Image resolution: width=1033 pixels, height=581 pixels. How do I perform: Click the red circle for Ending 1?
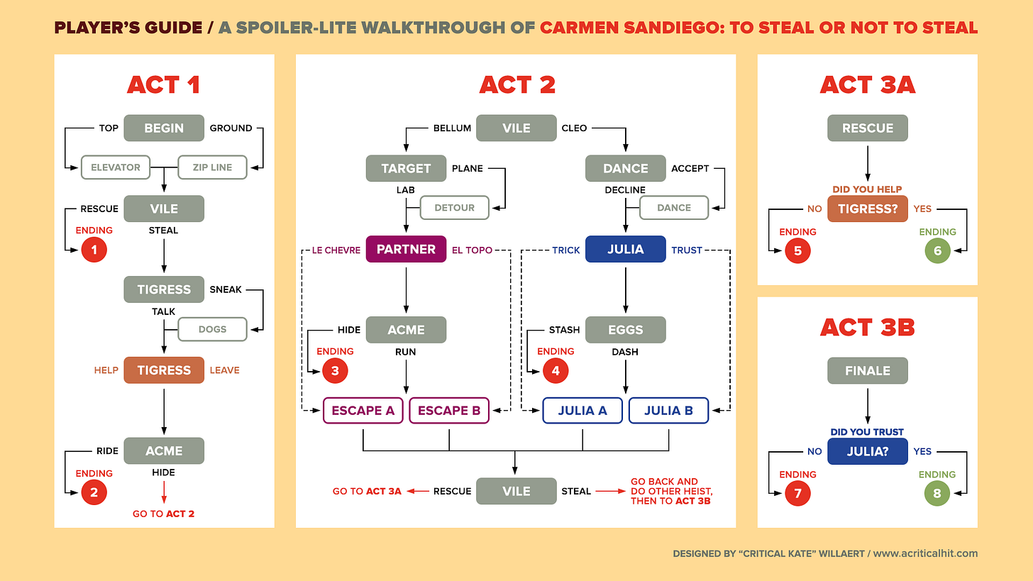pyautogui.click(x=94, y=250)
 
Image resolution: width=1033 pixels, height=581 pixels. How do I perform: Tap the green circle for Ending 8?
pyautogui.click(x=937, y=493)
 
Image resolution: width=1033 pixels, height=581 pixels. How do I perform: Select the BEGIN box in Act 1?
pyautogui.click(x=164, y=128)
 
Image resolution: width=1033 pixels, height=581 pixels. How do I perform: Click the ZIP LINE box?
pyautogui.click(x=212, y=167)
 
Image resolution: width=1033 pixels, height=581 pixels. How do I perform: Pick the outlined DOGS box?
pyautogui.click(x=212, y=329)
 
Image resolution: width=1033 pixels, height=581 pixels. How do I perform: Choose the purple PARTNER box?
pyautogui.click(x=406, y=249)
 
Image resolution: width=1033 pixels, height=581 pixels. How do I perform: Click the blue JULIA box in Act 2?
pyautogui.click(x=625, y=249)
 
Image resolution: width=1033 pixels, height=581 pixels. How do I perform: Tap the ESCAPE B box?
pyautogui.click(x=449, y=410)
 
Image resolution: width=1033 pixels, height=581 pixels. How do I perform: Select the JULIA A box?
pyautogui.click(x=582, y=410)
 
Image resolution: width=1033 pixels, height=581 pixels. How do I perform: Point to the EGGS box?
pyautogui.click(x=625, y=330)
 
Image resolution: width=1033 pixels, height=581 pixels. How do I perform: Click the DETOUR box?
pyautogui.click(x=455, y=208)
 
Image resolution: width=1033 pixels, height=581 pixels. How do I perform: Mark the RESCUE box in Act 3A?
pyautogui.click(x=867, y=128)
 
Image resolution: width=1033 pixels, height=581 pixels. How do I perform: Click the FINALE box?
pyautogui.click(x=867, y=370)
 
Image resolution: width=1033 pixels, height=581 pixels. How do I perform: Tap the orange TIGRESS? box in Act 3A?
pyautogui.click(x=867, y=209)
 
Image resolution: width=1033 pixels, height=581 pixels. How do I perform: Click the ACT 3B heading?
pyautogui.click(x=867, y=327)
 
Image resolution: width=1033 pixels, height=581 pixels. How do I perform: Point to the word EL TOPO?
pyautogui.click(x=473, y=250)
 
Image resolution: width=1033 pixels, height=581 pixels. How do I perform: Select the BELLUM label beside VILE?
pyautogui.click(x=452, y=128)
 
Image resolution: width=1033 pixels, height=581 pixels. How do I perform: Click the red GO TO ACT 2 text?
pyautogui.click(x=163, y=514)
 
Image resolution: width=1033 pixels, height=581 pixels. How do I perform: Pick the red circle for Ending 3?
pyautogui.click(x=335, y=370)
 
